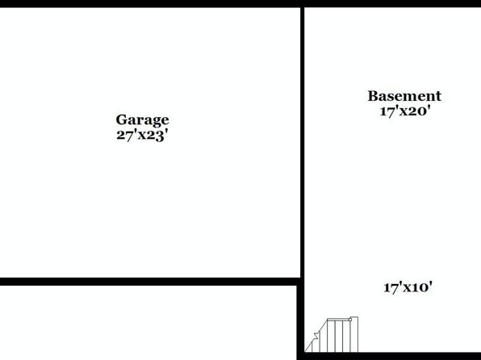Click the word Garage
(142, 120)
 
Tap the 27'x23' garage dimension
(142, 135)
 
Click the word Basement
(404, 96)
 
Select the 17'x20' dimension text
(405, 111)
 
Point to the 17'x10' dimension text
(408, 287)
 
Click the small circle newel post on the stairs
(350, 320)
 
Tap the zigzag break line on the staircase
(315, 336)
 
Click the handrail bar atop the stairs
(338, 320)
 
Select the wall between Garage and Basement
(302, 142)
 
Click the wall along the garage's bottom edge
(150, 282)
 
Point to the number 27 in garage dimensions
(124, 136)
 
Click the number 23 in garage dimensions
(155, 136)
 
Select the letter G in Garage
(122, 119)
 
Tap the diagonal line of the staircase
(316, 336)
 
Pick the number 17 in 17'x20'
(387, 111)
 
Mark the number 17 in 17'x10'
(391, 288)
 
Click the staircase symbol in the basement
(332, 334)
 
